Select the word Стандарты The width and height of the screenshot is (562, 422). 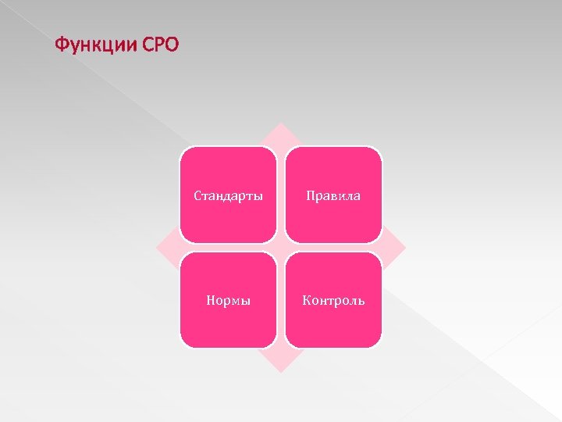(228, 195)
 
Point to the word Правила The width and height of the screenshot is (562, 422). (333, 195)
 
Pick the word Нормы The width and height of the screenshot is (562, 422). (228, 300)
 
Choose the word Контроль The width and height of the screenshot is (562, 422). (333, 300)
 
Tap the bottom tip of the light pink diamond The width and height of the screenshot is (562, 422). (281, 371)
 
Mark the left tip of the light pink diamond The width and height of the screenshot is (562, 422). (157, 248)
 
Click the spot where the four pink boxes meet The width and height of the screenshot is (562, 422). (281, 248)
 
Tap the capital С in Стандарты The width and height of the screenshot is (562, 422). (197, 195)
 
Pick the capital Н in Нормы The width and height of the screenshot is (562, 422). (210, 300)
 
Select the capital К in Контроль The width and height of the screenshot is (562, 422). (306, 300)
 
